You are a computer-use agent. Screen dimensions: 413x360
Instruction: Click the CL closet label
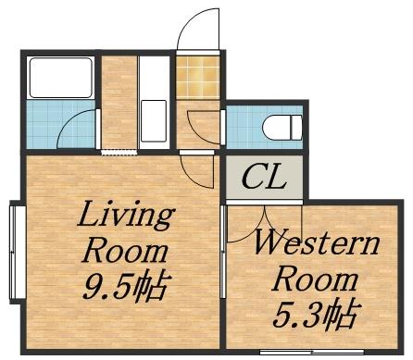click(264, 177)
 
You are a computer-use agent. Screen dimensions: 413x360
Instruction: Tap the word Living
click(126, 216)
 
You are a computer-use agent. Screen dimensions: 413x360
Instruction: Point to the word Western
click(316, 243)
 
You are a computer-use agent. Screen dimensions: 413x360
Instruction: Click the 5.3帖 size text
click(317, 314)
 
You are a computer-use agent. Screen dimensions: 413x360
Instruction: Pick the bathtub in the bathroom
click(61, 78)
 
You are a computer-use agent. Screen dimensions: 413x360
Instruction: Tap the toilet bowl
click(282, 127)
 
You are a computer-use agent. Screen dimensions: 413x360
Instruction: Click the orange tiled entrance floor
click(197, 77)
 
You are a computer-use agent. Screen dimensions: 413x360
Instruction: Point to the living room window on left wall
click(13, 252)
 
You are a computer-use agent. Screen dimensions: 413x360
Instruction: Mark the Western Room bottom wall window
click(312, 352)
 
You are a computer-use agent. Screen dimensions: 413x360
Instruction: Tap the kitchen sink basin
click(154, 120)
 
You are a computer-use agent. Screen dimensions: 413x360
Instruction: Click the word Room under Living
click(126, 253)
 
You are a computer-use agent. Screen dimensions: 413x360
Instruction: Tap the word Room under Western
click(316, 279)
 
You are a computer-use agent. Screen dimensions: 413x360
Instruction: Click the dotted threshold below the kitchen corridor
click(119, 153)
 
